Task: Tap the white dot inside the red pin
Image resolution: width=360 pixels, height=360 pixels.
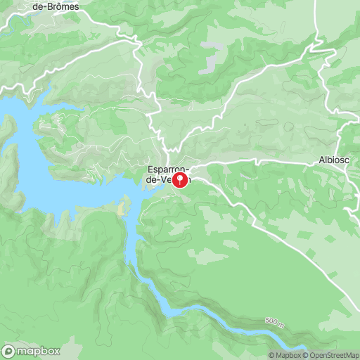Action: pos(179,178)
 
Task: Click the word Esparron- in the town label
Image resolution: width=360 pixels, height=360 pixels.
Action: pos(166,169)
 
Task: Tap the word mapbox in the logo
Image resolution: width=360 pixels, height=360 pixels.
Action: pos(39,351)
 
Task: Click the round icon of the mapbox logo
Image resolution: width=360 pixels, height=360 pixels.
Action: pos(10,351)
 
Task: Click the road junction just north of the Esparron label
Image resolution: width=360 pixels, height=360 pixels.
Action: pos(167,155)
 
